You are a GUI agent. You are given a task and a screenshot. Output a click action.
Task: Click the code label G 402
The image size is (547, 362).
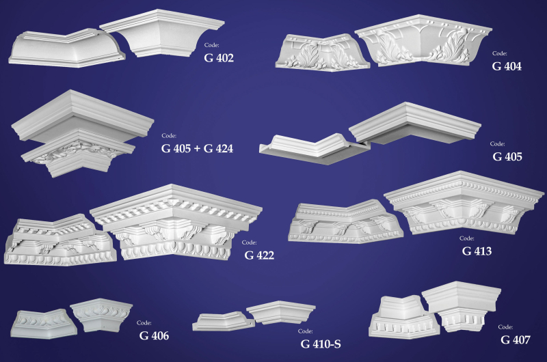pyautogui.click(x=219, y=58)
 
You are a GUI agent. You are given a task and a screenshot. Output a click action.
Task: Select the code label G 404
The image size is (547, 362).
pyautogui.click(x=507, y=66)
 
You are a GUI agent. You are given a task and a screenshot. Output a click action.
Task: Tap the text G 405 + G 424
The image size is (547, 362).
pyautogui.click(x=197, y=148)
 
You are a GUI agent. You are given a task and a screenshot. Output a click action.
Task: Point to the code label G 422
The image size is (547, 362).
pyautogui.click(x=259, y=255)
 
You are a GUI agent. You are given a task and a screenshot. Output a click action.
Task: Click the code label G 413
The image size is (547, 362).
pyautogui.click(x=477, y=251)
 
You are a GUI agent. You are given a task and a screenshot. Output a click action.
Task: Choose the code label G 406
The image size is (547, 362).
pyautogui.click(x=154, y=335)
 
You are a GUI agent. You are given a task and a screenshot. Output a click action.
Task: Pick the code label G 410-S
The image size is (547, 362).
pyautogui.click(x=321, y=344)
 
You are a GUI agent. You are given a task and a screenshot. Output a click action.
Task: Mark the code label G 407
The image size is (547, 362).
pyautogui.click(x=516, y=339)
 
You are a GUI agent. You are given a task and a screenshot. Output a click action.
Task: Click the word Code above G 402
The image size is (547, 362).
pyautogui.click(x=212, y=45)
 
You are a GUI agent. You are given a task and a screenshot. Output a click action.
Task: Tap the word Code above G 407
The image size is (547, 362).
pyautogui.click(x=505, y=326)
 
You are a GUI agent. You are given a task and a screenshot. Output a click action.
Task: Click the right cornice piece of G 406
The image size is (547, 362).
pyautogui.click(x=101, y=314)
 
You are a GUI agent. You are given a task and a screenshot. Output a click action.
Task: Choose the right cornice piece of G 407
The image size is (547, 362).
pyautogui.click(x=461, y=305)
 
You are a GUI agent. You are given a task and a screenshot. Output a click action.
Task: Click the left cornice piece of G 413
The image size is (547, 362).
pyautogui.click(x=345, y=222)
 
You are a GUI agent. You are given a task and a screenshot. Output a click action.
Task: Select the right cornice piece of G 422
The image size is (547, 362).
pyautogui.click(x=176, y=222)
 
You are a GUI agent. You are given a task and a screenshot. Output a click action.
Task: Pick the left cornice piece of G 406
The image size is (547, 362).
pyautogui.click(x=43, y=324)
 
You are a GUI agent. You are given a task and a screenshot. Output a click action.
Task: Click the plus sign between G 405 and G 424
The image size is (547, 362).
pyautogui.click(x=197, y=149)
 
